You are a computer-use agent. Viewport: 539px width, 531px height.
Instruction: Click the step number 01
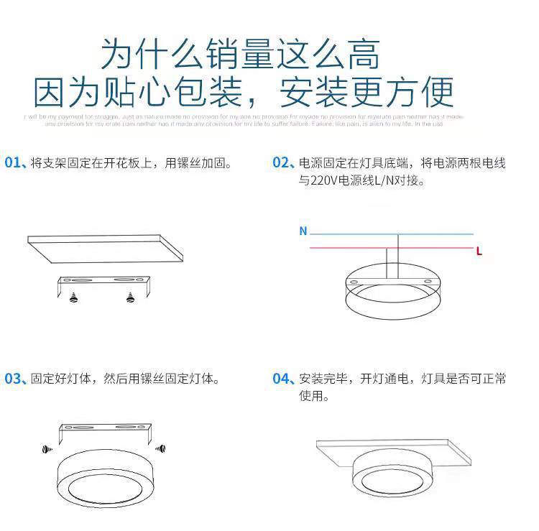click(14, 163)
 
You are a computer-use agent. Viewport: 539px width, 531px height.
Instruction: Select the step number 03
click(14, 379)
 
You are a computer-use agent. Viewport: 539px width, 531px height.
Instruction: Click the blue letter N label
click(303, 231)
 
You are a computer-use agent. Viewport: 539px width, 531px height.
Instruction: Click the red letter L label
click(479, 251)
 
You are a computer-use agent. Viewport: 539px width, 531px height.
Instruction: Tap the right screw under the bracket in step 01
click(130, 297)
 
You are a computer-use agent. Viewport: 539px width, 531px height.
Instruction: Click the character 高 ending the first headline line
click(361, 53)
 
